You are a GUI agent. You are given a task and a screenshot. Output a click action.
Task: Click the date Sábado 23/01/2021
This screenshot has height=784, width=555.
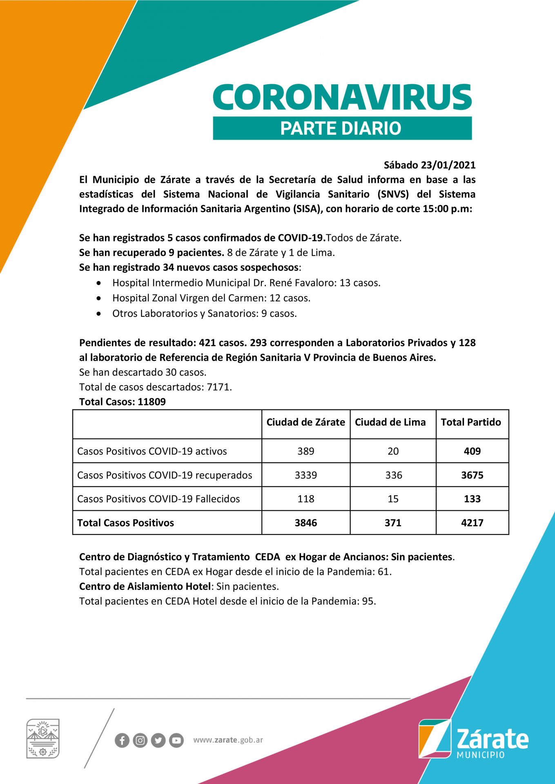pyautogui.click(x=430, y=165)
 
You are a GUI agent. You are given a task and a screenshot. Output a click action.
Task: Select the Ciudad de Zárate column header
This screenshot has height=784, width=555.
pyautogui.click(x=305, y=422)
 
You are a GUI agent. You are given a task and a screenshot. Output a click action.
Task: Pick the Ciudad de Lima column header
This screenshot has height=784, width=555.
pyautogui.click(x=390, y=422)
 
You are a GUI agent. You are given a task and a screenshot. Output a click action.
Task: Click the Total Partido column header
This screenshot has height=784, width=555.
pyautogui.click(x=471, y=422)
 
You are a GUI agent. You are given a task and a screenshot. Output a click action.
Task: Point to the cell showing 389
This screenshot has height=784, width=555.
pyautogui.click(x=306, y=451)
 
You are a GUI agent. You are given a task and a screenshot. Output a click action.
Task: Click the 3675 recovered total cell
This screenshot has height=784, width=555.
pyautogui.click(x=472, y=475)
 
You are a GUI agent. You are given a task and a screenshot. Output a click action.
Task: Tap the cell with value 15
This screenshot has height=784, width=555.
pyautogui.click(x=393, y=499)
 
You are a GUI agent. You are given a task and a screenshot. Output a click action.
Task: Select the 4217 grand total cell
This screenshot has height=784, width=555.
pyautogui.click(x=472, y=523)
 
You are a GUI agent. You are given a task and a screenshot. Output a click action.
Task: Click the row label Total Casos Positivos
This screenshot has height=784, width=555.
pyautogui.click(x=125, y=523)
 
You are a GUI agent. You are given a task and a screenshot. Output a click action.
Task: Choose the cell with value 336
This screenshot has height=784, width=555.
pyautogui.click(x=394, y=475)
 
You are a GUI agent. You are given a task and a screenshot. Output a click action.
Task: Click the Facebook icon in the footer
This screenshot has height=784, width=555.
pyautogui.click(x=122, y=740)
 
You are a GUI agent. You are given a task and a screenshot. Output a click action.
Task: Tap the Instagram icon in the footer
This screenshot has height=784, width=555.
pyautogui.click(x=140, y=740)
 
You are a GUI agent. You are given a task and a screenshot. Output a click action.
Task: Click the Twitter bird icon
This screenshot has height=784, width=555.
pyautogui.click(x=158, y=740)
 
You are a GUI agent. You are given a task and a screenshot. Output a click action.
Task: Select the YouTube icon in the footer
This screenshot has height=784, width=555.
pyautogui.click(x=176, y=740)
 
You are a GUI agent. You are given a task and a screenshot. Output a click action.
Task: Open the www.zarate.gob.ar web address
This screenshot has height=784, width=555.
pyautogui.click(x=228, y=740)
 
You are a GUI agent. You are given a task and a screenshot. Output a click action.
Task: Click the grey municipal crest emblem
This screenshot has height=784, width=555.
pyautogui.click(x=43, y=738)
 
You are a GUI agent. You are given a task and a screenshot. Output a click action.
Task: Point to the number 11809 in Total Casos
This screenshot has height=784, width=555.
pyautogui.click(x=152, y=402)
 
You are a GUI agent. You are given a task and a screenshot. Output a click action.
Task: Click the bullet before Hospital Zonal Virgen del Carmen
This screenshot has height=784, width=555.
pyautogui.click(x=99, y=298)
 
